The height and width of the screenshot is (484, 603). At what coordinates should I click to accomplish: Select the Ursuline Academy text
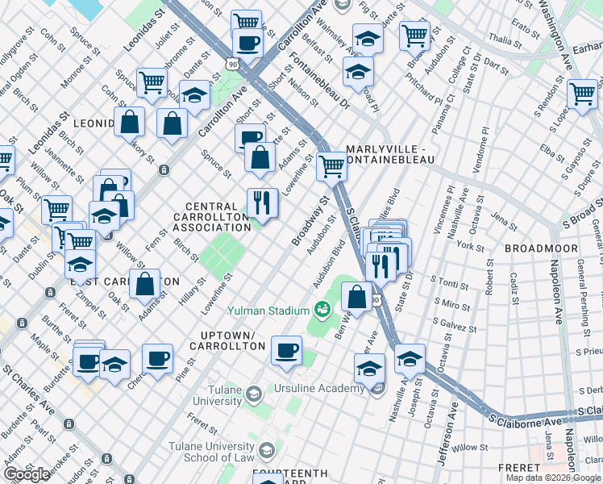pos(319,389)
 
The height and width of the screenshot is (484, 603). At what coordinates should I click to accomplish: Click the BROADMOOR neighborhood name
pos(538,248)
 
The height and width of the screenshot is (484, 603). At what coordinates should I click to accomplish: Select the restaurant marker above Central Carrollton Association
pos(262,202)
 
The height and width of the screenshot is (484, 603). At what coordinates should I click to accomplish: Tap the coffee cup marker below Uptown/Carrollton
pos(286,351)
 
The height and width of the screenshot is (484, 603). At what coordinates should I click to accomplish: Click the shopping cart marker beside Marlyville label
pos(331,167)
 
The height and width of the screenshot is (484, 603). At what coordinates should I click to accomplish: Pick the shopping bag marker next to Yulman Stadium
pos(357,296)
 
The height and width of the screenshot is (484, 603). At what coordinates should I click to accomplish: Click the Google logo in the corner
pos(27,474)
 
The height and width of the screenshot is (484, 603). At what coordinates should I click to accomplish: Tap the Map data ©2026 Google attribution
pos(553,478)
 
